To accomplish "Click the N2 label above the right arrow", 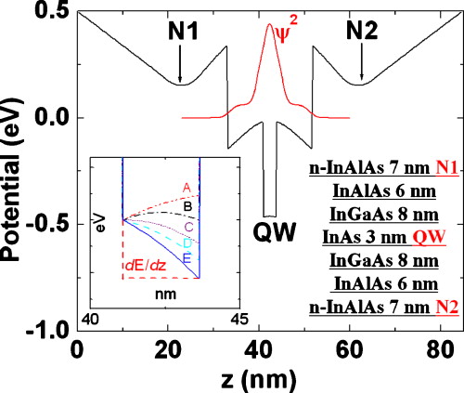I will (362, 33).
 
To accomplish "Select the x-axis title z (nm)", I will (269, 379).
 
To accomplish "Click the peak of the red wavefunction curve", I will (270, 25).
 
